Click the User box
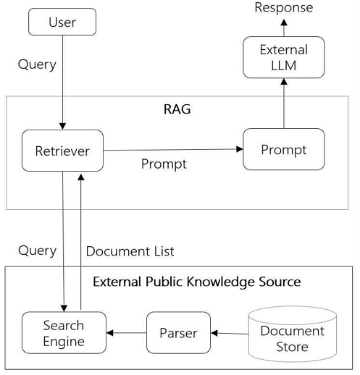[62, 22]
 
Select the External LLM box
[283, 59]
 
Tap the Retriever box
[62, 151]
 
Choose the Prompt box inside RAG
[283, 150]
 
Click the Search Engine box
[63, 333]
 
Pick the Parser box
[178, 334]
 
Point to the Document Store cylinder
[292, 338]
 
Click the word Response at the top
[284, 8]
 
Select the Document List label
[130, 251]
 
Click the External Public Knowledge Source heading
[196, 281]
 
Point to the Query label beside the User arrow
[37, 64]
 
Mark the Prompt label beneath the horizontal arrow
[163, 164]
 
